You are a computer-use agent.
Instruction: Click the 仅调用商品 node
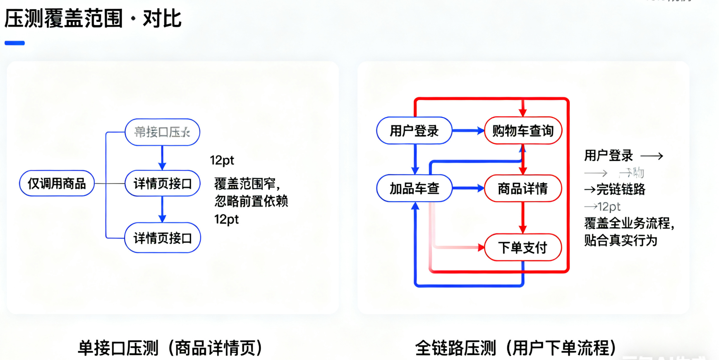click(x=57, y=183)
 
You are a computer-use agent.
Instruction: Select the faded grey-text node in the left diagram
click(x=162, y=132)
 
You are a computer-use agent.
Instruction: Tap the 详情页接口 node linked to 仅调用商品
click(x=162, y=183)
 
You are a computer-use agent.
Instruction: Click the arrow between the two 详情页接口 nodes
click(x=162, y=209)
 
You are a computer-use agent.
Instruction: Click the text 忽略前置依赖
click(x=251, y=201)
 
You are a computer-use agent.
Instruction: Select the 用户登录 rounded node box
click(x=414, y=131)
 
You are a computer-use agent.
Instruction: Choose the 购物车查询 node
click(x=522, y=131)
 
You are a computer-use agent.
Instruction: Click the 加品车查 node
click(x=414, y=189)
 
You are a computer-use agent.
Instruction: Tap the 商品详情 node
click(x=522, y=189)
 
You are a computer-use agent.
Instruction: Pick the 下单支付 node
click(x=522, y=247)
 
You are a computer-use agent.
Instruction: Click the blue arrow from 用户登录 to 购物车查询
click(x=468, y=131)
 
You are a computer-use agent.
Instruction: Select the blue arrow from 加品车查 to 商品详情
click(x=468, y=189)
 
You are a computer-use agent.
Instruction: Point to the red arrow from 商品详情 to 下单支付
click(x=523, y=218)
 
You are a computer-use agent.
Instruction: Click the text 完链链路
click(x=621, y=190)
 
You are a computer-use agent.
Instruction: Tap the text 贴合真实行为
click(x=621, y=240)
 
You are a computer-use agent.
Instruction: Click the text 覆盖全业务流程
click(x=629, y=223)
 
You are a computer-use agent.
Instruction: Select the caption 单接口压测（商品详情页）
click(x=170, y=348)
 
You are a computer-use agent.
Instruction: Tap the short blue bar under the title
click(x=14, y=43)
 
